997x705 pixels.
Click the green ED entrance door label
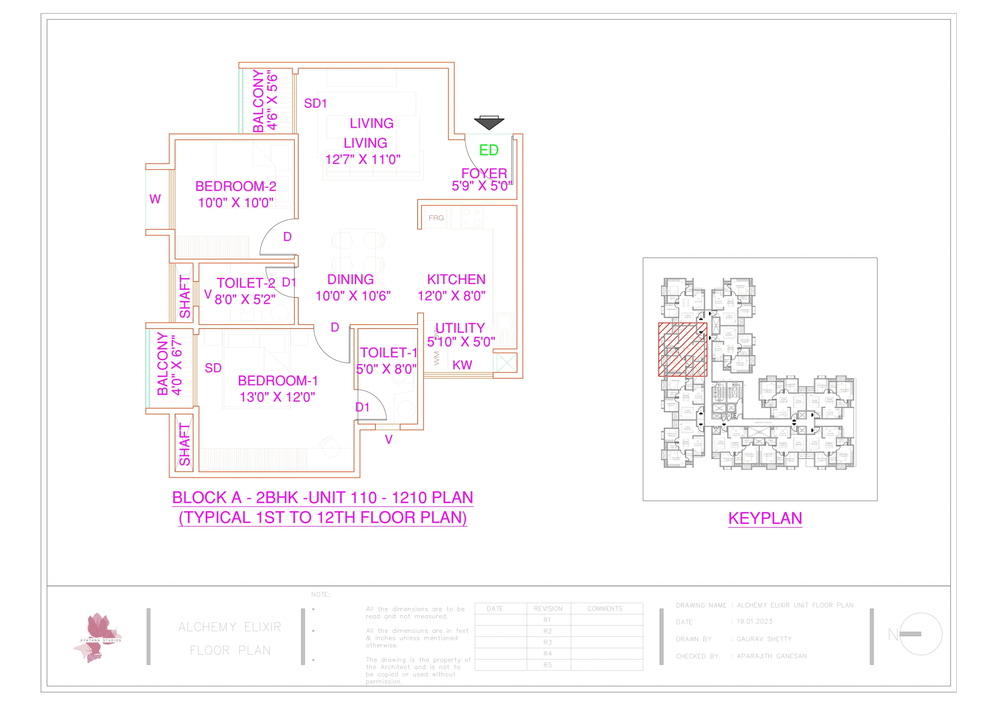(x=488, y=150)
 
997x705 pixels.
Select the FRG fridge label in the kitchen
(x=436, y=218)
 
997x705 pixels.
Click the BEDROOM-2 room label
(x=236, y=186)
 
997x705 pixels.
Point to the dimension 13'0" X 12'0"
(x=277, y=397)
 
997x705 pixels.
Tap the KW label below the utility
(x=462, y=365)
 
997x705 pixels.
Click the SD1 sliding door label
(x=315, y=103)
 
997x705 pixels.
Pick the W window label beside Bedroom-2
(x=155, y=199)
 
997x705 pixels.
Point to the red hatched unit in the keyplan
(x=683, y=349)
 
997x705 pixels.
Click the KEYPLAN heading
(x=765, y=518)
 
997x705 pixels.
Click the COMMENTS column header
(x=605, y=609)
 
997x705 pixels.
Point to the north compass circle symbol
(x=920, y=634)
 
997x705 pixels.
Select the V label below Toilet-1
(x=389, y=439)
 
